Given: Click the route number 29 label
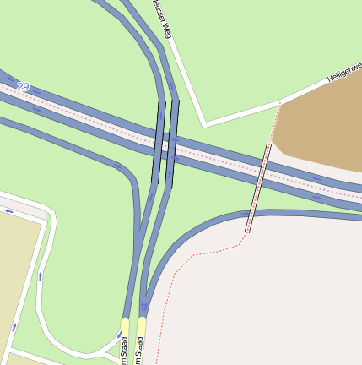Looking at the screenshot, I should point(23,87).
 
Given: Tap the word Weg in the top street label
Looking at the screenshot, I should point(167,31).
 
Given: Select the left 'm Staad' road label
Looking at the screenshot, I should point(124,349).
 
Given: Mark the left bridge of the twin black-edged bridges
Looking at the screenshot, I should point(159,142).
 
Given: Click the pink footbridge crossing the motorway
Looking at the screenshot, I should point(257,188).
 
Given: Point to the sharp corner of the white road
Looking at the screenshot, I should point(203,126).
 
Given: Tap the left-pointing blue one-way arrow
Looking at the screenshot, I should point(9,210).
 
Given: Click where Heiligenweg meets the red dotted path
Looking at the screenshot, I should point(279,104).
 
